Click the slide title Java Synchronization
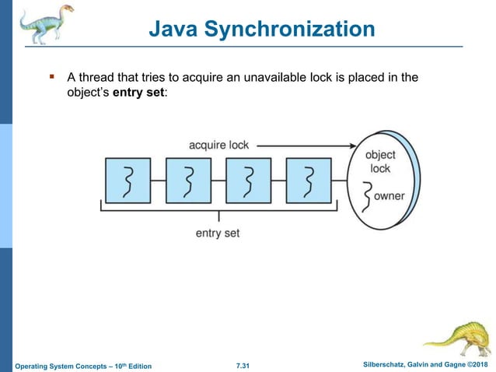261,30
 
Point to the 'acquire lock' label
219,145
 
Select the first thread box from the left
127,181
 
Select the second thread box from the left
187,181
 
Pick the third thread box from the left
248,181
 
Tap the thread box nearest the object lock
309,181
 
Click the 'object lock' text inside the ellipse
380,161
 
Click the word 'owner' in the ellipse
389,196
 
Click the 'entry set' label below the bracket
218,233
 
